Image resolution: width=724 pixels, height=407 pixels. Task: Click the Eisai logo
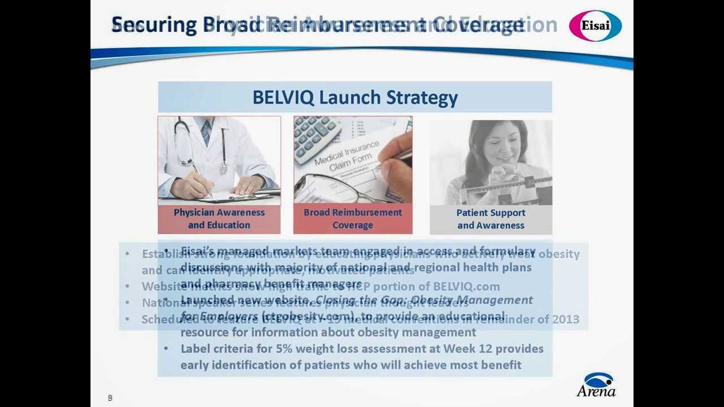click(x=595, y=26)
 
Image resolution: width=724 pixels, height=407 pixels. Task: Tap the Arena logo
click(x=597, y=385)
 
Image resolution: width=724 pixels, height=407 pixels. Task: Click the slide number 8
click(x=110, y=398)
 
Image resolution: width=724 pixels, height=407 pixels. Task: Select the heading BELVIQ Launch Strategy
click(x=355, y=97)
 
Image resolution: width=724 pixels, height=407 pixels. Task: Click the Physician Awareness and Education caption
click(x=219, y=219)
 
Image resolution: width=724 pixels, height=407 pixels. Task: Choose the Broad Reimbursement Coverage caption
click(x=352, y=219)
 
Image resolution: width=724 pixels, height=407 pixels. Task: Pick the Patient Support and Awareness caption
click(x=490, y=219)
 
